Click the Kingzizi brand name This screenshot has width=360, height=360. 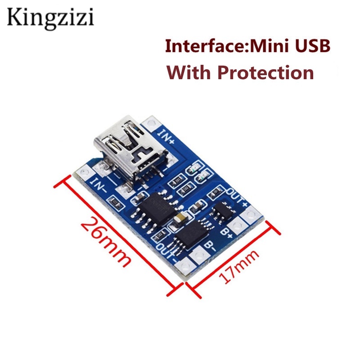coord(50,18)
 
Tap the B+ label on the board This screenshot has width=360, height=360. coord(227,232)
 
